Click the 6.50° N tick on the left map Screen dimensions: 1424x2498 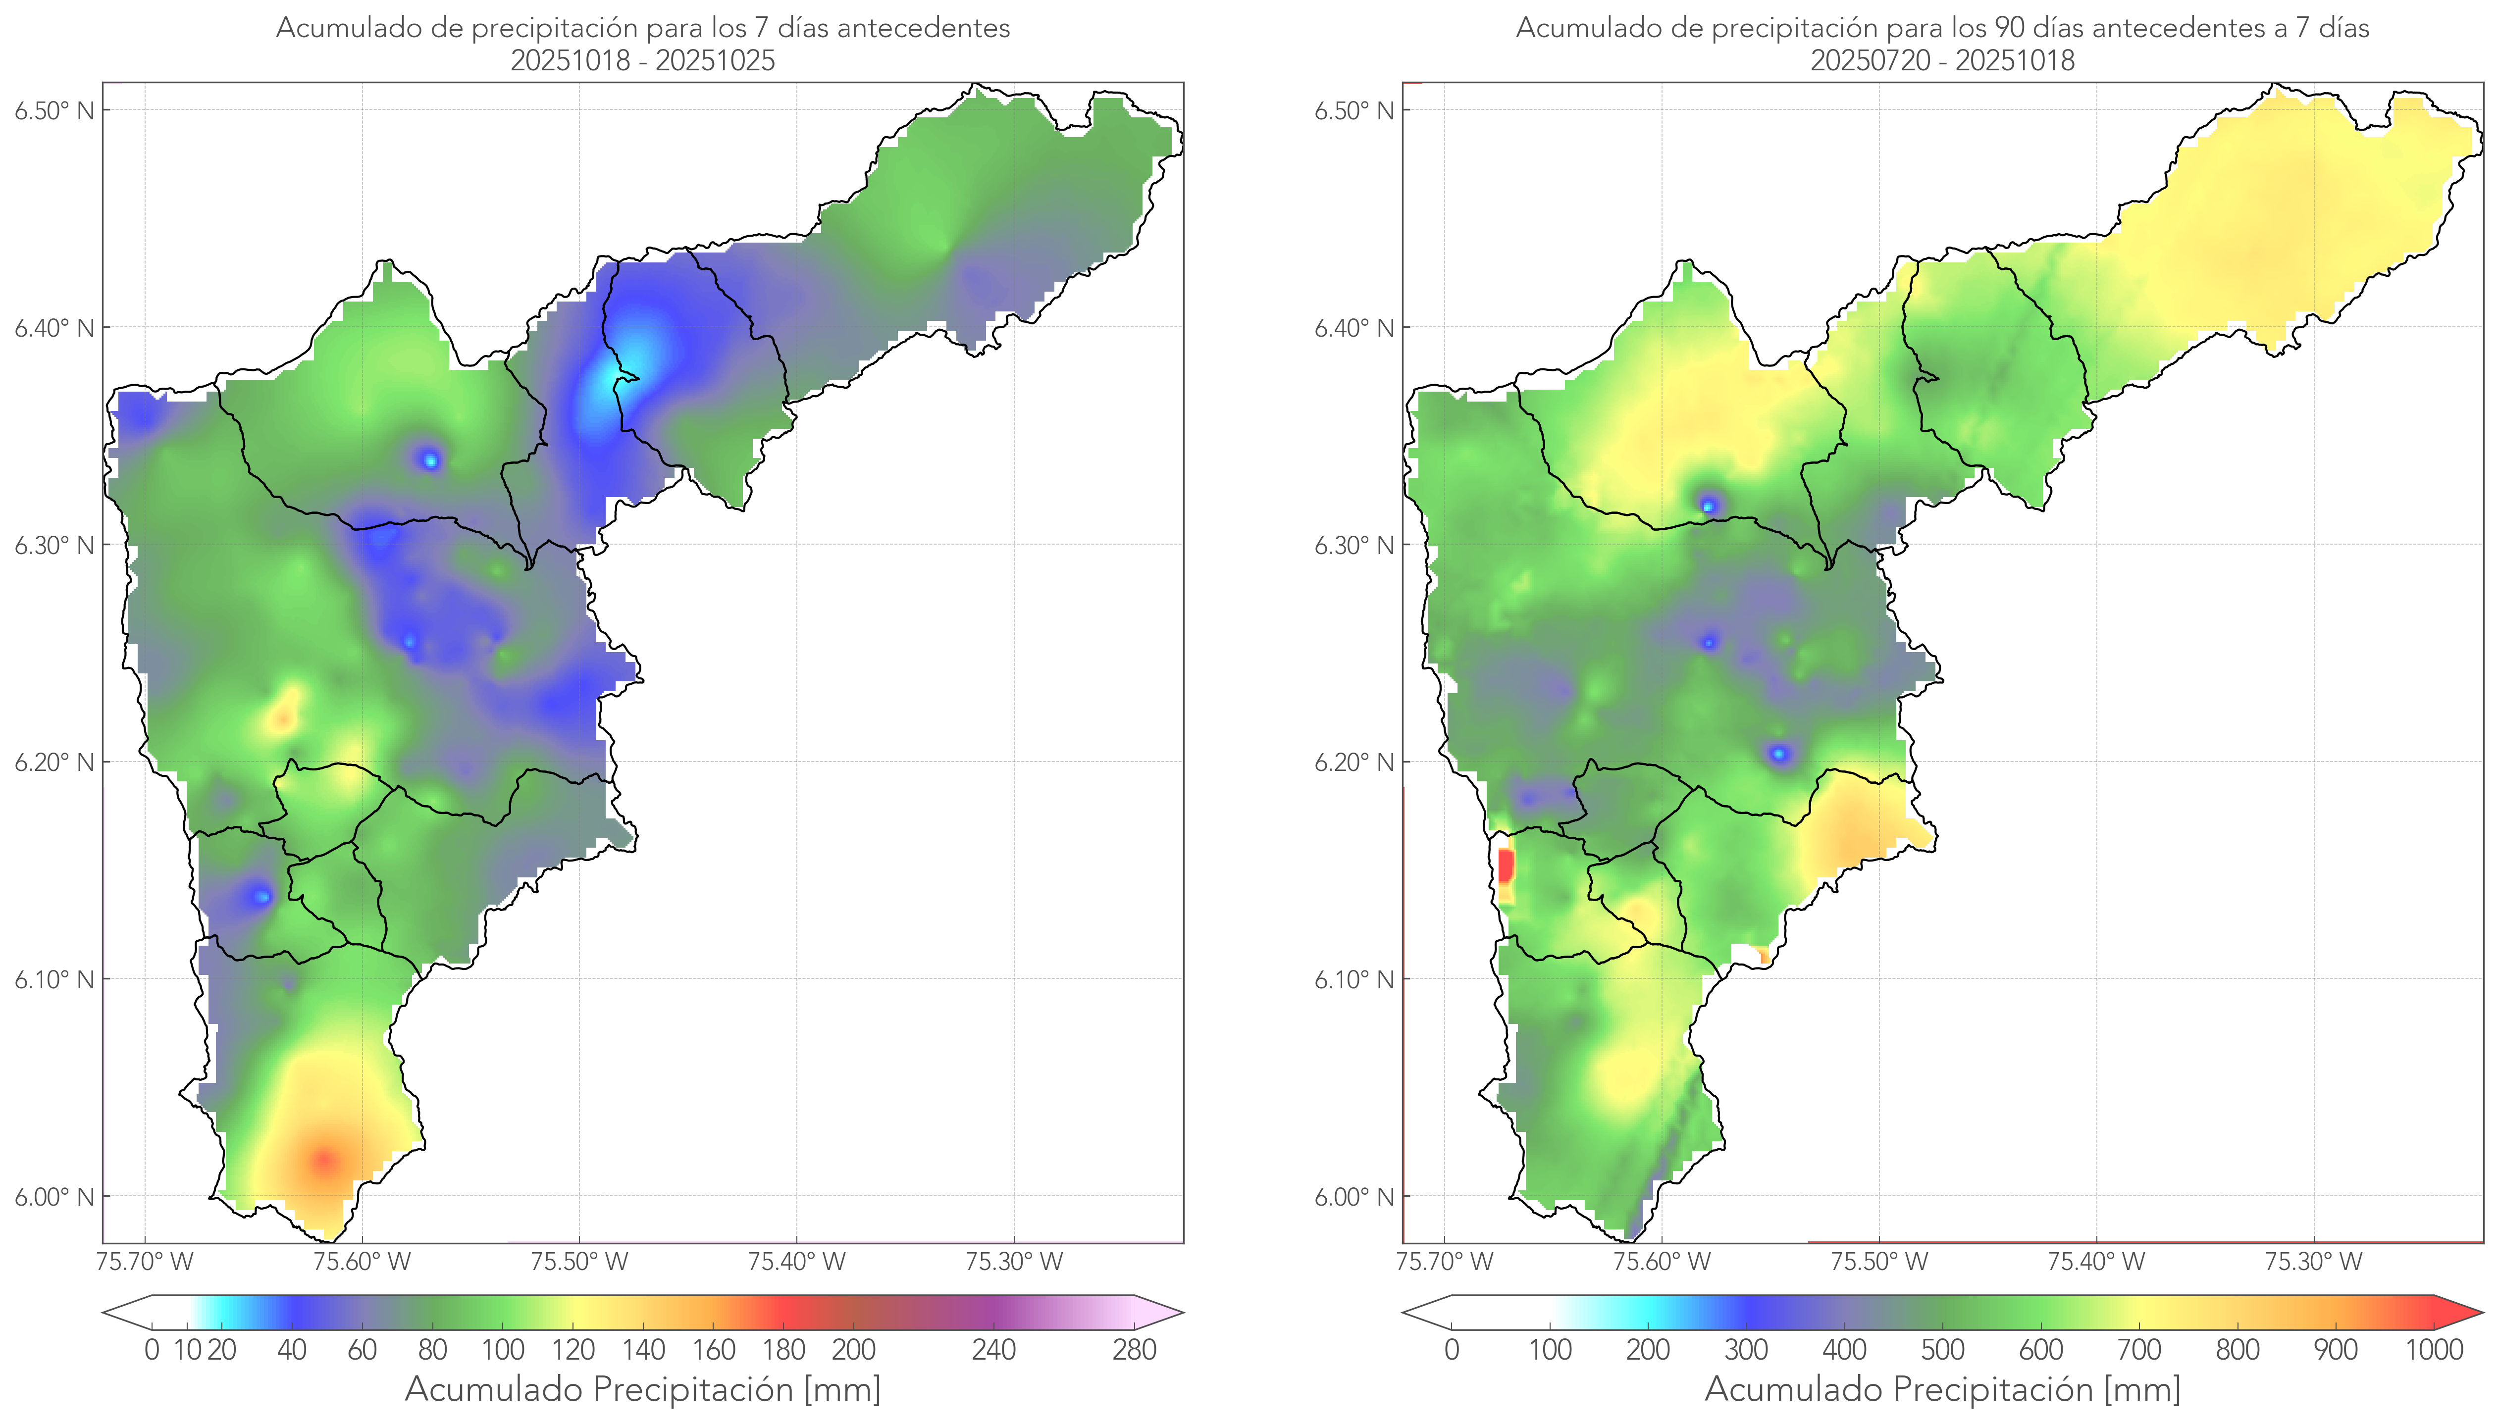click(x=55, y=110)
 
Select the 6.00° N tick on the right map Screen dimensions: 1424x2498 click(x=1354, y=1197)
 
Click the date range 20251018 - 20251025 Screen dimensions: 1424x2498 click(x=643, y=60)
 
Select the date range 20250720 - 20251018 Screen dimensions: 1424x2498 click(x=1942, y=60)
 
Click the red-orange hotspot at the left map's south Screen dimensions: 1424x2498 click(x=324, y=1161)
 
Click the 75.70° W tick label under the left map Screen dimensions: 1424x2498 click(x=145, y=1262)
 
